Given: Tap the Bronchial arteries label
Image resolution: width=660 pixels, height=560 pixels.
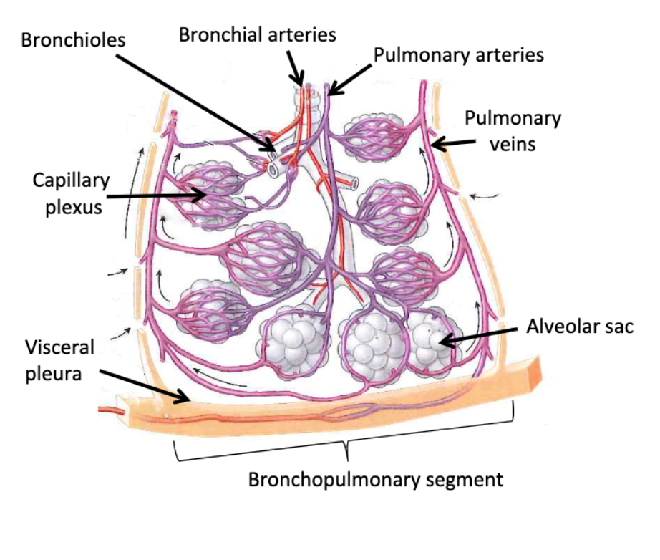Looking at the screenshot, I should pyautogui.click(x=257, y=34).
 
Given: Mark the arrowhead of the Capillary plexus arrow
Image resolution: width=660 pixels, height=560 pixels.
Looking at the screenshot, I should pyautogui.click(x=206, y=193).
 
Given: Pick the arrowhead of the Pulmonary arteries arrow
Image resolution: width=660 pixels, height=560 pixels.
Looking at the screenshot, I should pyautogui.click(x=330, y=92).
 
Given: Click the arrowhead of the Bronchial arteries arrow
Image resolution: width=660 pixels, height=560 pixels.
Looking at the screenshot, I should pyautogui.click(x=299, y=84).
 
